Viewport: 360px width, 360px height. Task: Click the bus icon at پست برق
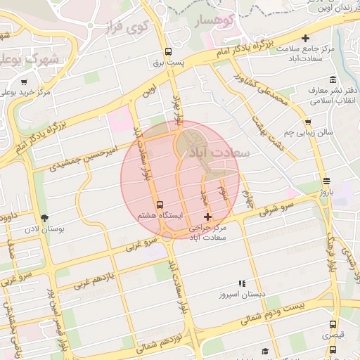(x=167, y=51)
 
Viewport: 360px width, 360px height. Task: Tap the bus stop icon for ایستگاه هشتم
(x=159, y=205)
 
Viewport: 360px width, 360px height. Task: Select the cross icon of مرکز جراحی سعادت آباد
(x=207, y=217)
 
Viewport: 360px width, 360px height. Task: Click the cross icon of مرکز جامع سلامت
(x=305, y=38)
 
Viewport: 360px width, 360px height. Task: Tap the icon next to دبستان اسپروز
(x=243, y=283)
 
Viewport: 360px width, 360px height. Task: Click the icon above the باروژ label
(x=326, y=179)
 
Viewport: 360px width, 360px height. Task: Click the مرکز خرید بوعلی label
(x=25, y=92)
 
